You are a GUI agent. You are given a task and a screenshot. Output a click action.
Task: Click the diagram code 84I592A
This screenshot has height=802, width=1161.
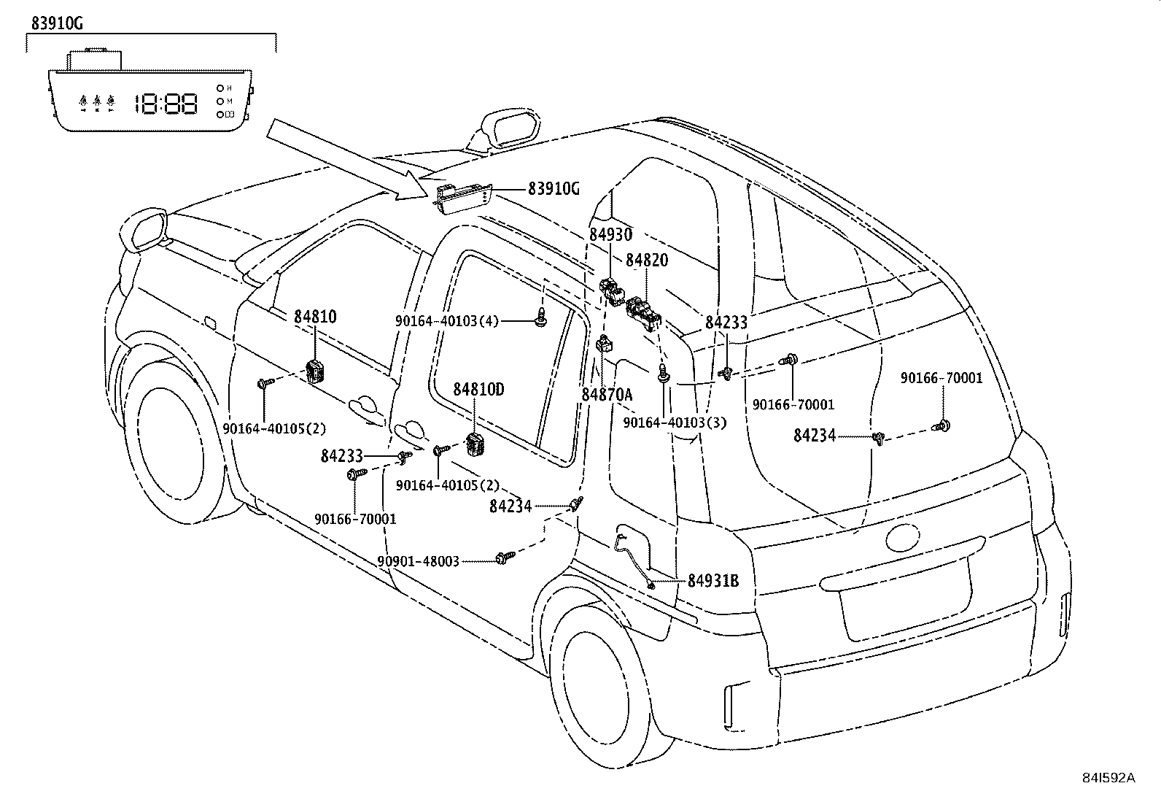(x=1108, y=778)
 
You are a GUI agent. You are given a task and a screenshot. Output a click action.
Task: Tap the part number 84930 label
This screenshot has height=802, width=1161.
(x=610, y=235)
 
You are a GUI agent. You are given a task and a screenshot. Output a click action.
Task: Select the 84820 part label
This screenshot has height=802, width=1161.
(x=646, y=261)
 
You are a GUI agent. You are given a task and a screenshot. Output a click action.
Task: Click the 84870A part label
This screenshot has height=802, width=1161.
(x=607, y=395)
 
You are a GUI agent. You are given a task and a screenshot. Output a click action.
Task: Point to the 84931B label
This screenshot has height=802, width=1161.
(x=713, y=581)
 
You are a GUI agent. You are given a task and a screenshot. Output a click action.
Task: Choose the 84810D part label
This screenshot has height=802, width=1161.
(x=478, y=390)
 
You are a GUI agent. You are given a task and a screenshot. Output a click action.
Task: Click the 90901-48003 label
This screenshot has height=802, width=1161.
(x=419, y=561)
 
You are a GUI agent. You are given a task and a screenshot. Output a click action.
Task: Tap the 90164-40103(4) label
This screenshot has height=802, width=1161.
(x=447, y=321)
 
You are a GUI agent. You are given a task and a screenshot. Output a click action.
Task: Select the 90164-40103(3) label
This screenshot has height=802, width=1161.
(x=675, y=423)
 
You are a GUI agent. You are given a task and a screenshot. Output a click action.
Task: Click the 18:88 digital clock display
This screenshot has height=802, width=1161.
(x=166, y=104)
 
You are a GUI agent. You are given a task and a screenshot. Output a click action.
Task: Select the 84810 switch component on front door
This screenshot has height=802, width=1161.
(x=316, y=371)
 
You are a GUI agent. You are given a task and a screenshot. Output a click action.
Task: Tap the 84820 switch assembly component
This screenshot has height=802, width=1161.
(x=644, y=313)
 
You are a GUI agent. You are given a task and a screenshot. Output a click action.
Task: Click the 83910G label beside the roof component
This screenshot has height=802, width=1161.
(x=554, y=189)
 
